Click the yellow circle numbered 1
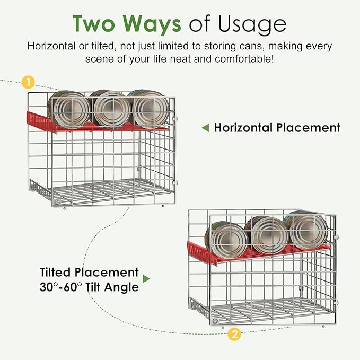tap(28, 82)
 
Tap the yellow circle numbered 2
tap(234, 334)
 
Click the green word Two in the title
tap(94, 24)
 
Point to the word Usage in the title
tap(252, 24)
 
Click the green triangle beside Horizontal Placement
tap(206, 128)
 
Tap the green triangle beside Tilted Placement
tap(146, 279)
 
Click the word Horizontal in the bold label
tap(243, 127)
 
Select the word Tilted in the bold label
tap(55, 273)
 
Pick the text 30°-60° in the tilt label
tap(60, 287)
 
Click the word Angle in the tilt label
tap(122, 288)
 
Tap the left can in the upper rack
tap(68, 109)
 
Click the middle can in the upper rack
tap(110, 109)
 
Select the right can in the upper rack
tap(149, 109)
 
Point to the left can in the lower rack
tap(226, 240)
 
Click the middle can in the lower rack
tap(266, 235)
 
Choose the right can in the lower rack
tap(306, 230)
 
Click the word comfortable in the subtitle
tap(244, 59)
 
